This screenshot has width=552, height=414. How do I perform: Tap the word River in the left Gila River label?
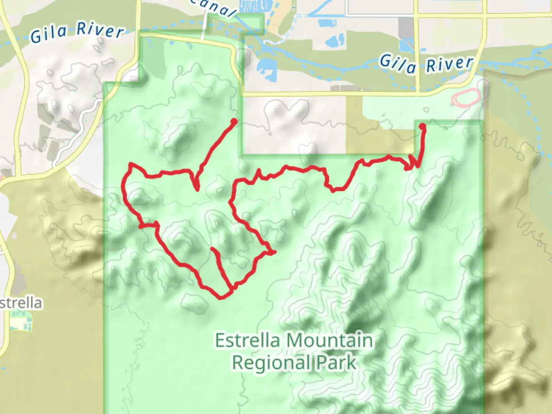[x=100, y=30]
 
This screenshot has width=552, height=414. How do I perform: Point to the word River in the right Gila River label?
[x=450, y=64]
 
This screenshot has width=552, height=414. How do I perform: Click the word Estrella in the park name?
[x=247, y=340]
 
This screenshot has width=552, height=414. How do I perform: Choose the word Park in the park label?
[x=337, y=363]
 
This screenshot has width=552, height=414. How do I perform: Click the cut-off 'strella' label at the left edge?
[x=21, y=303]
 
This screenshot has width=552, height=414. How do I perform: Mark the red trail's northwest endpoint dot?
[x=233, y=122]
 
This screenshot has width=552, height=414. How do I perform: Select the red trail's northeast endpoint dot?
[x=422, y=126]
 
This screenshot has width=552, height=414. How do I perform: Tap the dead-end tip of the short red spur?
[x=212, y=249]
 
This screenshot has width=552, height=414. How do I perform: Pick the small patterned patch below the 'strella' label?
[x=21, y=321]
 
